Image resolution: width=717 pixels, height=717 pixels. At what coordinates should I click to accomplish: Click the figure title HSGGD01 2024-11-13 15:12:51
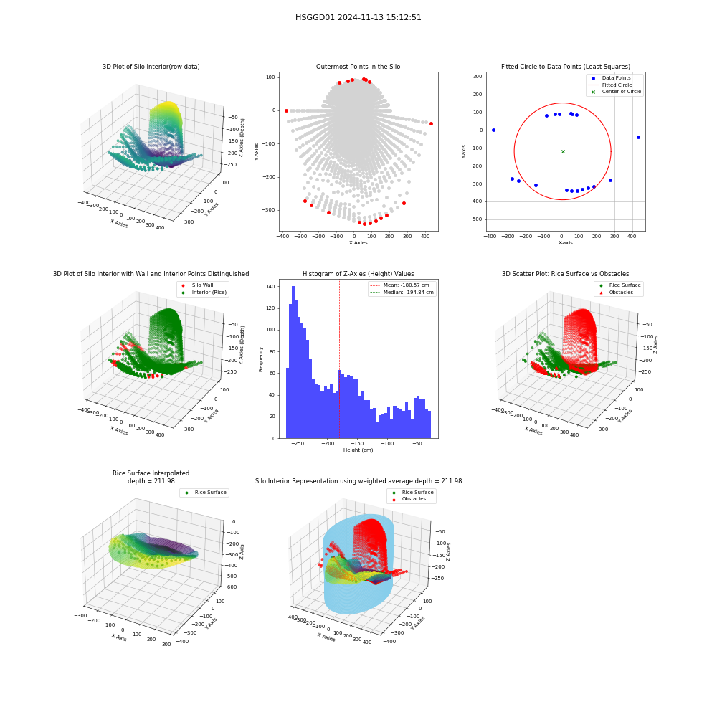tap(358, 17)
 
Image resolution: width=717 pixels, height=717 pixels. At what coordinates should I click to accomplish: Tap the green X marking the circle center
tap(563, 151)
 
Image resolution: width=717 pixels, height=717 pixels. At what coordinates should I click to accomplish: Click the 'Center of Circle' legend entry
tap(616, 92)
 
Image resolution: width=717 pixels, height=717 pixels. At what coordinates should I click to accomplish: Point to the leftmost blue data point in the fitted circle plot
tap(493, 130)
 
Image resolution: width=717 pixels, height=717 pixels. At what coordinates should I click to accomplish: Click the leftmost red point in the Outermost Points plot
tap(286, 110)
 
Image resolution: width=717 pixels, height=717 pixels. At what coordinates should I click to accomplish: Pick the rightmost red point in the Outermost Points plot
tap(431, 123)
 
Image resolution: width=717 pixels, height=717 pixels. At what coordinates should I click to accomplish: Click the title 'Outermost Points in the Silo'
tap(358, 66)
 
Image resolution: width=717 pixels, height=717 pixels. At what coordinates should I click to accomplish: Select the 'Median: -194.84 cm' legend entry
tap(402, 293)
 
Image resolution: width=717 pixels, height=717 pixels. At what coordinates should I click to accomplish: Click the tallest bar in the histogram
tap(293, 362)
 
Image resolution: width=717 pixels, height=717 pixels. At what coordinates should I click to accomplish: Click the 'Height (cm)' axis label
tap(358, 450)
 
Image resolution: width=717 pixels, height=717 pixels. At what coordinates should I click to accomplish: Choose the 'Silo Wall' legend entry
tap(198, 285)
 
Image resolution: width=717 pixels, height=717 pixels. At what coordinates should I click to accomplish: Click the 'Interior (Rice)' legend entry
tap(204, 293)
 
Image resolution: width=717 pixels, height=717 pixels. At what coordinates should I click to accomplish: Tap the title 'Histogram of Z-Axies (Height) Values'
tap(358, 273)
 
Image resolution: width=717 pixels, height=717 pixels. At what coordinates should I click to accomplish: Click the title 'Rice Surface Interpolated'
tap(151, 473)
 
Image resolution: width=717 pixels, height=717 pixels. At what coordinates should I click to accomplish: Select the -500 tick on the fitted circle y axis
tap(478, 219)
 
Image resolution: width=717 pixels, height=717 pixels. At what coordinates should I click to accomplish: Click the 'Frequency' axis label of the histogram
tap(261, 359)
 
